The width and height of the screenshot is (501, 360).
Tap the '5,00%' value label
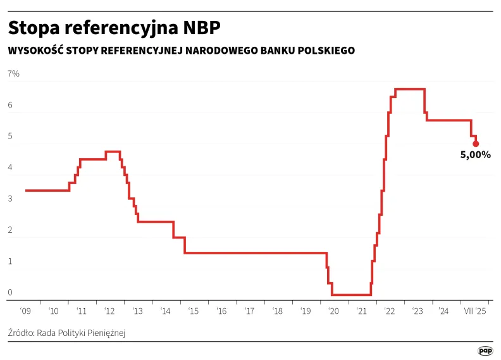pyautogui.click(x=475, y=154)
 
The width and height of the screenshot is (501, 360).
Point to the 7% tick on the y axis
pyautogui.click(x=13, y=75)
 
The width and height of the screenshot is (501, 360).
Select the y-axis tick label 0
pyautogui.click(x=10, y=293)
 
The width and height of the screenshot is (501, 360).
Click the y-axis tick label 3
pyautogui.click(x=10, y=199)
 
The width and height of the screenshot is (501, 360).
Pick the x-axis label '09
pyautogui.click(x=25, y=311)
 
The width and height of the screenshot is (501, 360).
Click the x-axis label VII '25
pyautogui.click(x=475, y=311)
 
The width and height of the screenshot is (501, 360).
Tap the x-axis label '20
pyautogui.click(x=333, y=311)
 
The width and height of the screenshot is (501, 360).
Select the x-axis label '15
pyautogui.click(x=194, y=311)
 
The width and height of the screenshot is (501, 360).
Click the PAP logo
pyautogui.click(x=485, y=350)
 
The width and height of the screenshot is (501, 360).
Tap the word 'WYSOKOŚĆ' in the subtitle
pyautogui.click(x=32, y=51)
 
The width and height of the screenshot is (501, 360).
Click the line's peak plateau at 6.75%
pyautogui.click(x=410, y=89)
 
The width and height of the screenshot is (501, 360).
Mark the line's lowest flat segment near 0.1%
pyautogui.click(x=351, y=295)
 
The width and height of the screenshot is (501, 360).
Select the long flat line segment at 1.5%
pyautogui.click(x=253, y=253)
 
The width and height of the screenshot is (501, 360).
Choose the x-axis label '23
pyautogui.click(x=417, y=311)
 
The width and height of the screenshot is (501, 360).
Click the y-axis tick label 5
pyautogui.click(x=10, y=137)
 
